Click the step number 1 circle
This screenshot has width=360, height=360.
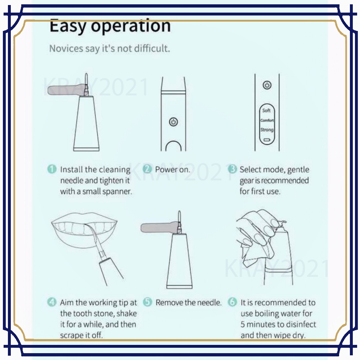point(52,169)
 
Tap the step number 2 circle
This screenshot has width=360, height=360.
point(147,169)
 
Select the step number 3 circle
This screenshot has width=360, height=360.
point(232,169)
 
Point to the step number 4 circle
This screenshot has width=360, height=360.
point(51,302)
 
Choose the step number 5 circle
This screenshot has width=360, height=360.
point(148,302)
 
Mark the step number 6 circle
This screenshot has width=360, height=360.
point(232,302)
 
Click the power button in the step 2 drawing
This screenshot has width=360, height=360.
point(174,122)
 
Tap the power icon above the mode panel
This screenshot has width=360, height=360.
point(267,85)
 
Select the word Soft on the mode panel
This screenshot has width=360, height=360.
point(266,111)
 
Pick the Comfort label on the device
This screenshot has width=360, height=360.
point(267,120)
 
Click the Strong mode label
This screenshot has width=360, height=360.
point(267,130)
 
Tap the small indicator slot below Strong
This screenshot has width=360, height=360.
point(266,139)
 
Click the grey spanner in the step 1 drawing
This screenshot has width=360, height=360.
point(67,90)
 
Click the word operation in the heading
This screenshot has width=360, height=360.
point(131,26)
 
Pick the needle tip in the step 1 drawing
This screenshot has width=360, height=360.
point(86,74)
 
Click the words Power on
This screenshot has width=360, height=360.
point(173,170)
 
